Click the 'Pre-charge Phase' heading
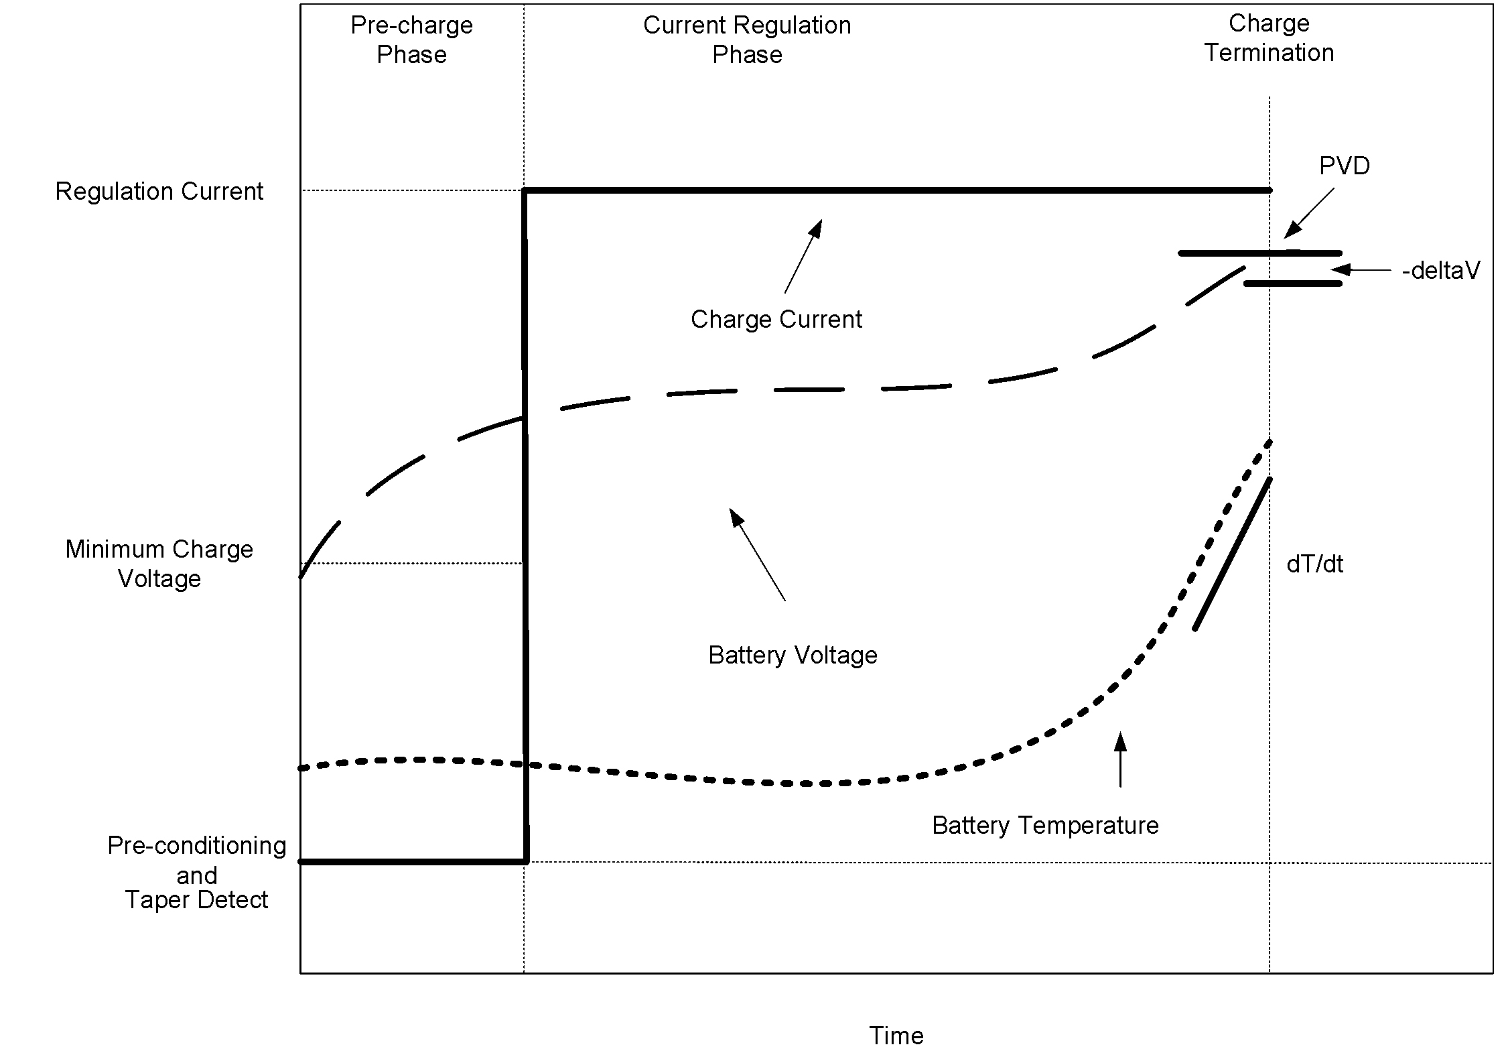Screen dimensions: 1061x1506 (x=411, y=40)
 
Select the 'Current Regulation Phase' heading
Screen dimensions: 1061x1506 (x=747, y=40)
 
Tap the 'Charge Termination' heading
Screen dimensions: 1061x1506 (x=1269, y=38)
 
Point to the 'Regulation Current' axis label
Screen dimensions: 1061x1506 (x=159, y=192)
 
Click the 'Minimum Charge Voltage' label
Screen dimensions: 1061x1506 (x=159, y=564)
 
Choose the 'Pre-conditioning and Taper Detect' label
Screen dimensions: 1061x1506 (x=196, y=872)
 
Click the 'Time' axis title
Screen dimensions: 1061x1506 (x=896, y=1036)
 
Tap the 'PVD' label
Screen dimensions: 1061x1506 (x=1344, y=166)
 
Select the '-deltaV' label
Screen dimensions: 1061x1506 (x=1440, y=271)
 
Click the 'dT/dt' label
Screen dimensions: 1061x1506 (x=1314, y=564)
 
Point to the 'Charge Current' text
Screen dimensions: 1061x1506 (x=776, y=319)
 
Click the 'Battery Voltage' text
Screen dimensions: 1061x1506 (x=793, y=655)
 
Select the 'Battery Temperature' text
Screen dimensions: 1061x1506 (x=1044, y=825)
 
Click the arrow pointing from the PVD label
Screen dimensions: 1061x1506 (x=1308, y=212)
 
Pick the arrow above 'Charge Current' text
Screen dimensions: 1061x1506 (x=803, y=256)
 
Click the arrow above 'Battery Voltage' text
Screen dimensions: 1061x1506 (x=757, y=554)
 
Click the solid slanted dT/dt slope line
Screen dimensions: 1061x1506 (x=1232, y=554)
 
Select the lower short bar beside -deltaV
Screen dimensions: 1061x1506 (x=1293, y=284)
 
